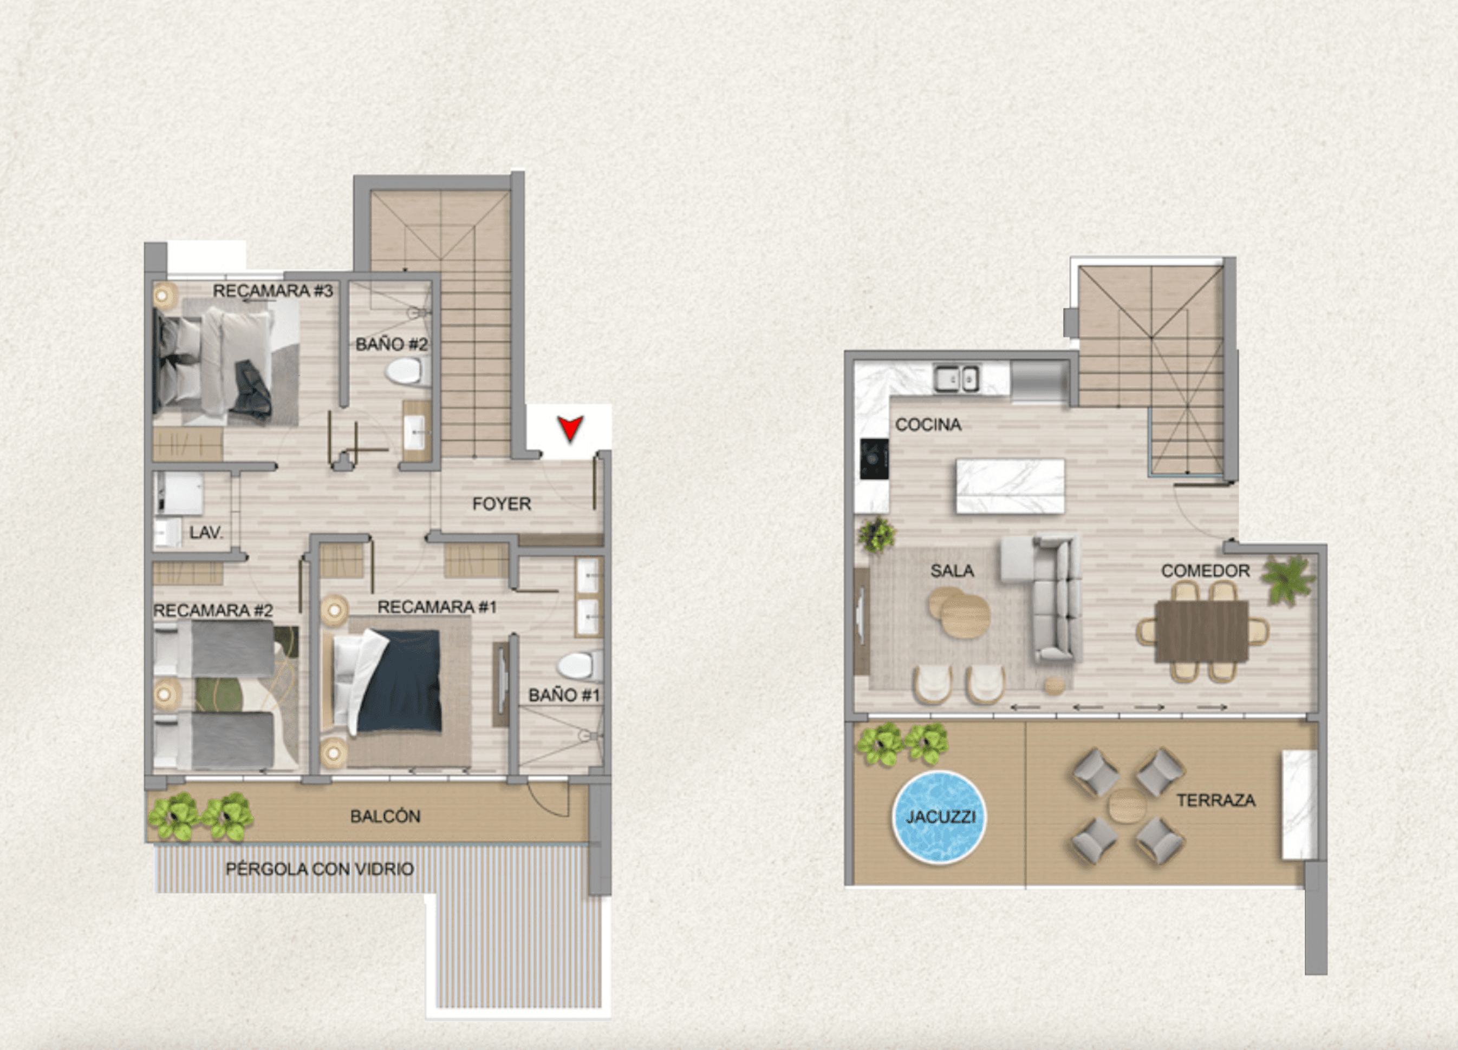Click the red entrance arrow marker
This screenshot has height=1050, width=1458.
coord(570,429)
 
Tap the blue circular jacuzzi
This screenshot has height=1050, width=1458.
coord(939,816)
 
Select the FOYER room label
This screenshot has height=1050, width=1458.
coord(502,504)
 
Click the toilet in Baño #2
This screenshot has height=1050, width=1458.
coord(408,371)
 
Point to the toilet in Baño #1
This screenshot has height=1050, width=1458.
coord(581,666)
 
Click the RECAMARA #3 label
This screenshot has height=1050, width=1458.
coord(272,291)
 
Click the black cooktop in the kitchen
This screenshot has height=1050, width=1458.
coord(874,459)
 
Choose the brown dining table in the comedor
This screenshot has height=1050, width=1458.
coord(1201,631)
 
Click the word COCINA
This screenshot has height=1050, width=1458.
coord(928,425)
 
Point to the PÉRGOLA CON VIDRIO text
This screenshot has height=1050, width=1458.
coord(320,869)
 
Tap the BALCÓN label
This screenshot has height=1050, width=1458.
coord(385,816)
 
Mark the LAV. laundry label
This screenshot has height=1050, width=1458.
coord(206,533)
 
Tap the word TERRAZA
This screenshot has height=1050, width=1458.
coord(1216,800)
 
